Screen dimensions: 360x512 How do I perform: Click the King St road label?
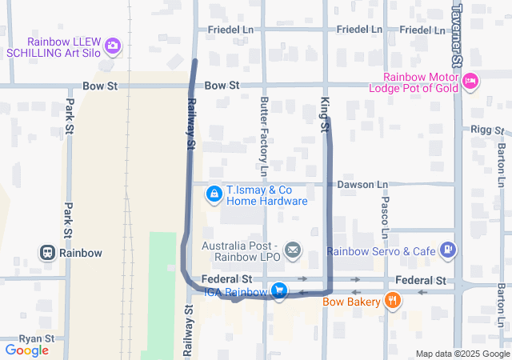click(x=325, y=114)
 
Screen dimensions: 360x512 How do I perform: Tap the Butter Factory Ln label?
click(x=263, y=136)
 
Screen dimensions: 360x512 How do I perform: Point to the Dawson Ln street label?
click(x=362, y=185)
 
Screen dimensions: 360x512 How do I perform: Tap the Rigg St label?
click(x=485, y=129)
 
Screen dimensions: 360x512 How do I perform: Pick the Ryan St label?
click(x=36, y=338)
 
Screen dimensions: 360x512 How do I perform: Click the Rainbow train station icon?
click(x=48, y=253)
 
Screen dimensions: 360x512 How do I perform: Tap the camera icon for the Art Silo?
click(x=113, y=46)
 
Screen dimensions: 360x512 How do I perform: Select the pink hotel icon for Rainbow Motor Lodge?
click(x=470, y=80)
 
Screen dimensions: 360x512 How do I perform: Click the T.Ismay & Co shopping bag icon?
click(x=214, y=194)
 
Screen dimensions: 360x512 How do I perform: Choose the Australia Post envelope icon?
click(x=293, y=251)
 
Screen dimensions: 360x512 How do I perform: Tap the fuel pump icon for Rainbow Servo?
click(x=448, y=251)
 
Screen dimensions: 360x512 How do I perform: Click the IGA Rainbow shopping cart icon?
click(x=278, y=291)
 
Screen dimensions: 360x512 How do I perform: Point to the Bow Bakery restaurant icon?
click(x=392, y=302)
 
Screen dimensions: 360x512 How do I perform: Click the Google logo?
click(x=26, y=350)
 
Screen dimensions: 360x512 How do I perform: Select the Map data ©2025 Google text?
click(x=462, y=354)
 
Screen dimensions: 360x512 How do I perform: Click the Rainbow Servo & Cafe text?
click(x=381, y=251)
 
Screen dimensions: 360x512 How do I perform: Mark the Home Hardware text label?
click(x=266, y=202)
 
